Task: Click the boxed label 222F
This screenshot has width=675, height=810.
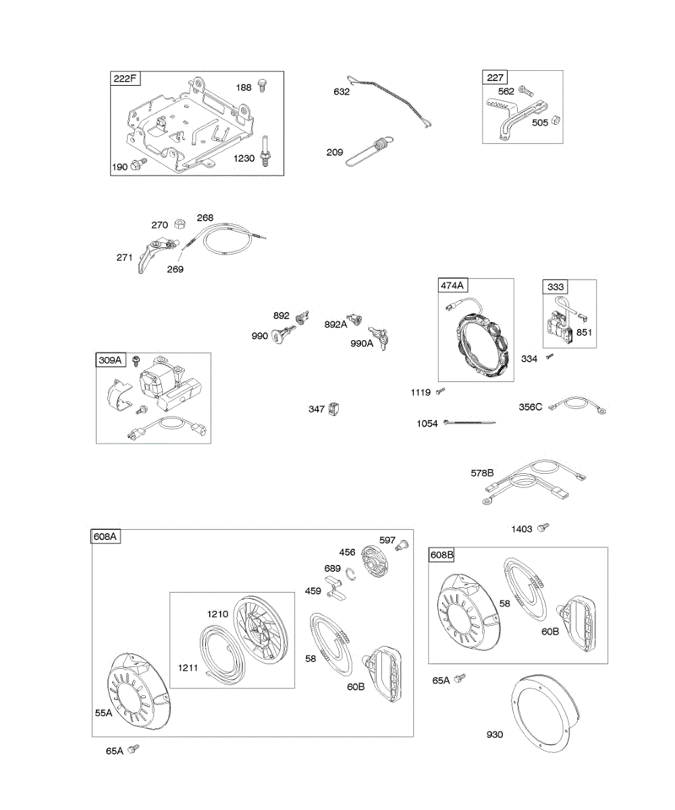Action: pos(125,79)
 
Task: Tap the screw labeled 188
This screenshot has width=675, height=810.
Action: pos(263,88)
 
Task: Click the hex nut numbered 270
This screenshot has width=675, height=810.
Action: pos(179,224)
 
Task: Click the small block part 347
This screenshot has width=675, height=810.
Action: pos(334,409)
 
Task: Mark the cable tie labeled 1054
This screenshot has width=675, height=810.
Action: pos(469,423)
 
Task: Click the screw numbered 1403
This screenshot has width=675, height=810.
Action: pos(541,529)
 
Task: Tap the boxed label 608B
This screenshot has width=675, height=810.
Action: pos(442,555)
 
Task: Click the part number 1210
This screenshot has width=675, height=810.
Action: pos(217,614)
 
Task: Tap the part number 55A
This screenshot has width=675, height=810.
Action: pos(104,712)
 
